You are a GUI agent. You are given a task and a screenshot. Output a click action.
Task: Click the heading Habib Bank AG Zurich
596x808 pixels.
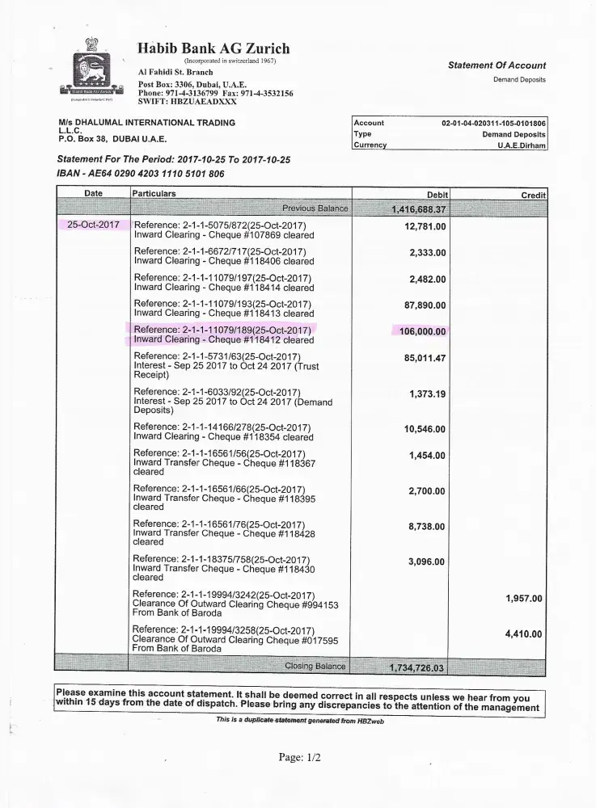click(213, 48)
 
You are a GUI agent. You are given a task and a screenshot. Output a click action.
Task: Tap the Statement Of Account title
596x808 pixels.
click(497, 65)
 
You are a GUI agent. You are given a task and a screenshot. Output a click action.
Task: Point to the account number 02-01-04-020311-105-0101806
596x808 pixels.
click(493, 123)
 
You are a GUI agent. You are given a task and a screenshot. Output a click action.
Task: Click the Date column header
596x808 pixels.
click(94, 194)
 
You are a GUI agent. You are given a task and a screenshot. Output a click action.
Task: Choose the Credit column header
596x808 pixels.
click(534, 196)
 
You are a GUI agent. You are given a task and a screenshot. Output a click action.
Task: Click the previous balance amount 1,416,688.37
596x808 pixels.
click(419, 209)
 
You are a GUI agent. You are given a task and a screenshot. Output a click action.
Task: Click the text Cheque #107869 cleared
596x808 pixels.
click(262, 235)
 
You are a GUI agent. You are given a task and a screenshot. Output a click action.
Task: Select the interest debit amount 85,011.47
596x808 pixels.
click(425, 357)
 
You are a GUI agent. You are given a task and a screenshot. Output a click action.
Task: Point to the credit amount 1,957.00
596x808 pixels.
click(523, 599)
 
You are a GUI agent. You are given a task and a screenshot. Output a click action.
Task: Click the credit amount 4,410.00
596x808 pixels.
click(523, 634)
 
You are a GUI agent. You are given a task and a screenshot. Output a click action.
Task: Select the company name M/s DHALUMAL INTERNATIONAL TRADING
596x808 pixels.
click(142, 123)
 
